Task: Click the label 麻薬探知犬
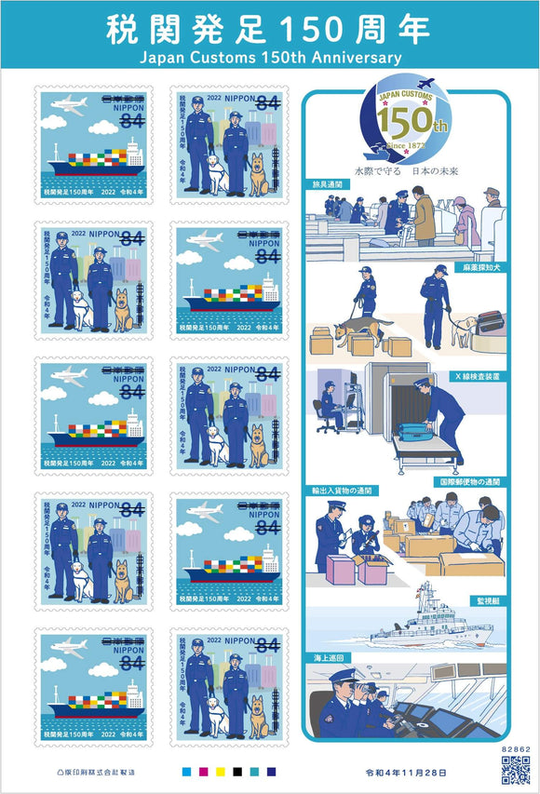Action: click(x=482, y=266)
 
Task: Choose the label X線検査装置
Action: click(x=480, y=376)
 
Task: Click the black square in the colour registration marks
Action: click(x=236, y=772)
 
